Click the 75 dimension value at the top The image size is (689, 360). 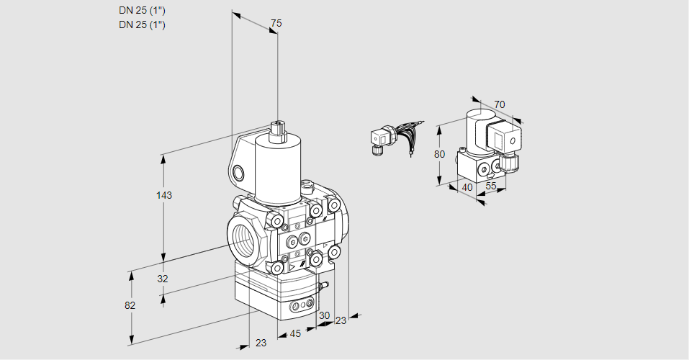[275, 24]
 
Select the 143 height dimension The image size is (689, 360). [166, 195]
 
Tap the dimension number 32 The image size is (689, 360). [162, 279]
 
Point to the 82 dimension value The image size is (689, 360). [130, 305]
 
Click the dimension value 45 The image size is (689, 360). [294, 333]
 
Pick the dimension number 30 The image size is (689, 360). [324, 315]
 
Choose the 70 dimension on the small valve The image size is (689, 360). [500, 104]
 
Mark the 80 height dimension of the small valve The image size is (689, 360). [441, 153]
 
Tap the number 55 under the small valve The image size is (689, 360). [490, 186]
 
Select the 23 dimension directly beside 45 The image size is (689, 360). [261, 343]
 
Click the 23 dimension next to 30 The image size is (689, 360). [341, 320]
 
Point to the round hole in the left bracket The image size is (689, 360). [238, 172]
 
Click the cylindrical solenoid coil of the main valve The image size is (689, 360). [277, 169]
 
